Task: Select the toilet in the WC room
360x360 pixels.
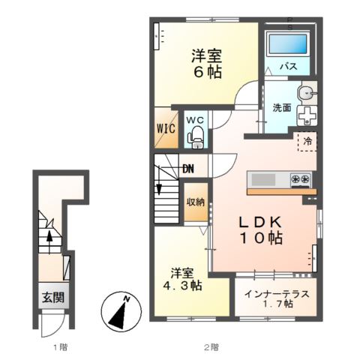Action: click(196, 136)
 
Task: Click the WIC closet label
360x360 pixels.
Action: click(165, 127)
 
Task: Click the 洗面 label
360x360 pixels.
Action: click(282, 107)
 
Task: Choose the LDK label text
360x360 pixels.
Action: click(260, 223)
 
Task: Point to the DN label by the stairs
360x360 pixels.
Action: click(187, 168)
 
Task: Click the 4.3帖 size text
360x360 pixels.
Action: click(184, 286)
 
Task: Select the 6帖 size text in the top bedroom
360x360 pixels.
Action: click(204, 72)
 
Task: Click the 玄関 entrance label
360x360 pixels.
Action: click(52, 296)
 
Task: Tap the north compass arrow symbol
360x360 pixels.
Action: click(118, 312)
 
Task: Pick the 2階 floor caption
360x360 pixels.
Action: click(212, 347)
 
